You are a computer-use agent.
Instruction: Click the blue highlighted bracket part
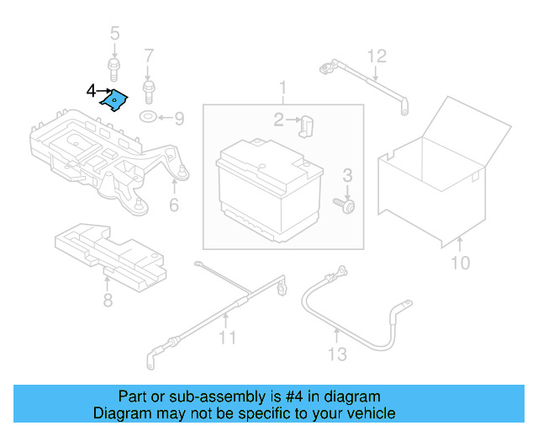[113, 101]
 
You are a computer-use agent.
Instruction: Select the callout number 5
[115, 35]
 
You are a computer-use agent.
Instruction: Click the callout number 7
[149, 56]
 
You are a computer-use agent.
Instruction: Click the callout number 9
[178, 118]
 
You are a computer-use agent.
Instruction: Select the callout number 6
[173, 205]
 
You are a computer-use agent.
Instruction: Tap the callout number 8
[107, 301]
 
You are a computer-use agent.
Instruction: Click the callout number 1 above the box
[283, 88]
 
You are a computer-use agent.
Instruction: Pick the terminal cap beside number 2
[306, 126]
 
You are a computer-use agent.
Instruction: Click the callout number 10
[460, 263]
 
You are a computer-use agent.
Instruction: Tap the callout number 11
[227, 338]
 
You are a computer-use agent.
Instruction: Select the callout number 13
[336, 354]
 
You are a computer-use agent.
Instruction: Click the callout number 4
[91, 89]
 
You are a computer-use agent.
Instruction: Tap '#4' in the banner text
[279, 396]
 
